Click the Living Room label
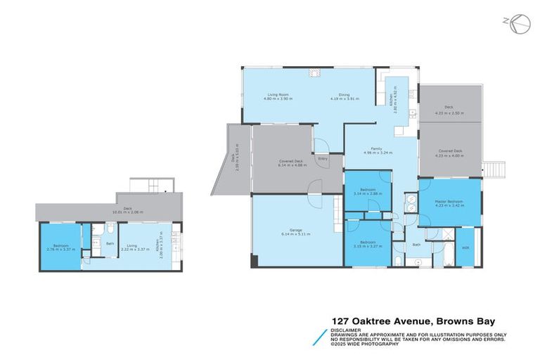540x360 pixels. point(278,95)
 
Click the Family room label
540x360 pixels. point(377,148)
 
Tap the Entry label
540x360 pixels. point(323,158)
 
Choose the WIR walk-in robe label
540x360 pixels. point(465,248)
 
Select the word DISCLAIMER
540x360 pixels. point(347,329)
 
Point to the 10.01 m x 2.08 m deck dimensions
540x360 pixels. point(128,212)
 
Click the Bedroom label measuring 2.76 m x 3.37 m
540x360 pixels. point(55,245)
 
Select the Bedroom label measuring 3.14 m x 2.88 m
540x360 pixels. point(368,190)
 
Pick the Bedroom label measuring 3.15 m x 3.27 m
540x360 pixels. point(367,243)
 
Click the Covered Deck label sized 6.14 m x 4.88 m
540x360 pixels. point(290,162)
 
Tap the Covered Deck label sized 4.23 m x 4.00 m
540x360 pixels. point(449,151)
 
